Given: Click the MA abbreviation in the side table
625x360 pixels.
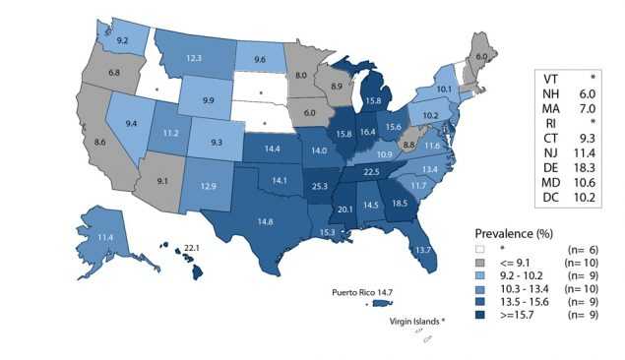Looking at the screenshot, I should [x=553, y=106].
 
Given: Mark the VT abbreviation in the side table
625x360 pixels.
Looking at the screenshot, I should [x=552, y=75].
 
